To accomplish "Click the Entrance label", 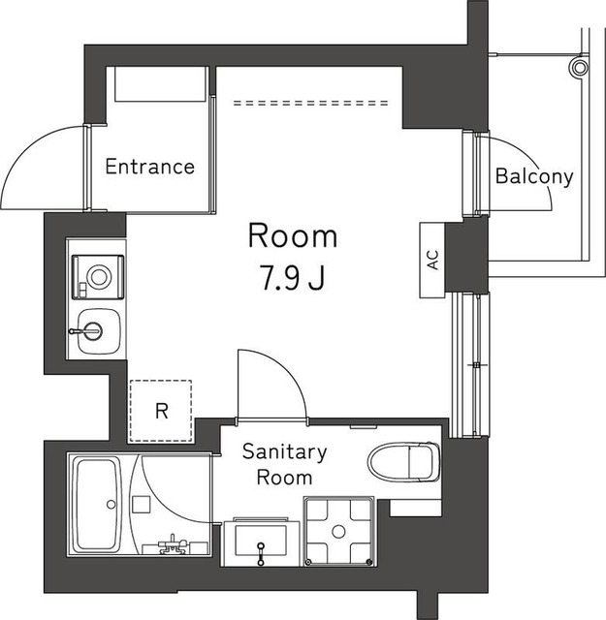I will point(149,167).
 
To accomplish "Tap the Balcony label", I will point(534,177).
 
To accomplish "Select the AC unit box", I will point(432,260).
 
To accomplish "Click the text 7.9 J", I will point(291,280).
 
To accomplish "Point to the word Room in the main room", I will point(292,235).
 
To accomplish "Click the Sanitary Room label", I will point(283,464).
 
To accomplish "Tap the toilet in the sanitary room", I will point(404,460).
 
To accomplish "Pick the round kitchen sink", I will point(95,329).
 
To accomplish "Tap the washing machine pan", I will point(338,530).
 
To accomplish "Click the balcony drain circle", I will point(579,67).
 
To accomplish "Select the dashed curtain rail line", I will point(310,101).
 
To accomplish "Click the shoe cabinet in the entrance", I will point(161,83).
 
